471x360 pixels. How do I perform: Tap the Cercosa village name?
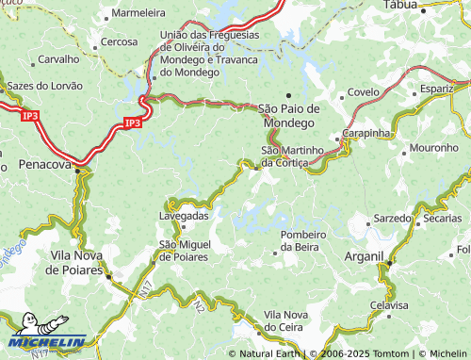coord(120,41)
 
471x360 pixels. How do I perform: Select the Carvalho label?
coord(58,58)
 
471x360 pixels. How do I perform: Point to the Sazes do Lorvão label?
coord(44,85)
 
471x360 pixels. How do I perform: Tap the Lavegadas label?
coord(184,216)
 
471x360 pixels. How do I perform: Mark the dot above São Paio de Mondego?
coord(288,95)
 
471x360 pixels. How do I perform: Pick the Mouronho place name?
coord(433,149)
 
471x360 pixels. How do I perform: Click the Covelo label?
coord(363,92)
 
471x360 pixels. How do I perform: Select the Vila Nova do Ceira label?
coord(286,319)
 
